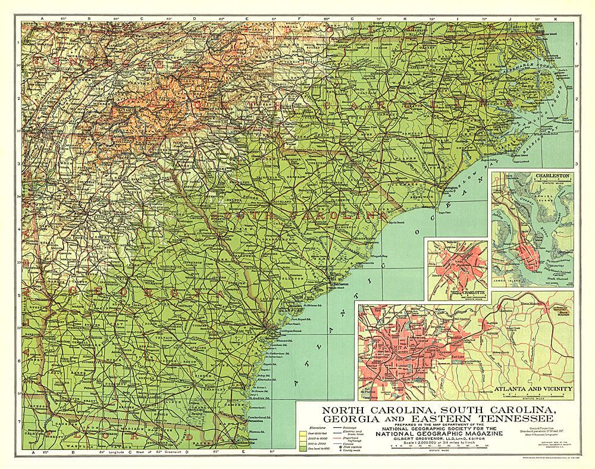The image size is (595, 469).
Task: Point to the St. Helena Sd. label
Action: (310, 305)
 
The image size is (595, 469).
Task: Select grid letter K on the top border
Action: (556, 20)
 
